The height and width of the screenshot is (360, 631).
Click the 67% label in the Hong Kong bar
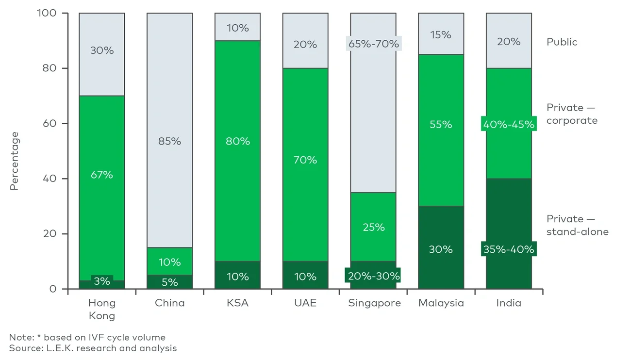102,175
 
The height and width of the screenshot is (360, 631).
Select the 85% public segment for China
169,141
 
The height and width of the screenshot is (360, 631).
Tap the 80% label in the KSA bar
238,141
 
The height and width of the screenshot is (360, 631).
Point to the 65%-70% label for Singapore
373,44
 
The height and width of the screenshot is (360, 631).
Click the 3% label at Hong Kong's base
102,281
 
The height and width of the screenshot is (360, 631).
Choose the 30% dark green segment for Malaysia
441,249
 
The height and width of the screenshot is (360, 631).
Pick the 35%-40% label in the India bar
509,249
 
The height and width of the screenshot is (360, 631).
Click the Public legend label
562,42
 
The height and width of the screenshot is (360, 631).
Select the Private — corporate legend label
571,114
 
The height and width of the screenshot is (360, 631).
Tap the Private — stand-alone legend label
577,225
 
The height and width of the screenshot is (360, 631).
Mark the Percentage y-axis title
14,161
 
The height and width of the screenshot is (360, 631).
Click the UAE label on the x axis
305,303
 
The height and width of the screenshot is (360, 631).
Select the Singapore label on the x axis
374,303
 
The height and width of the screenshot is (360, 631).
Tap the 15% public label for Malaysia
441,35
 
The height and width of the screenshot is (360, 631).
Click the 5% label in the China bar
169,282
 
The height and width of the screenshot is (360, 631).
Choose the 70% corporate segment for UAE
305,160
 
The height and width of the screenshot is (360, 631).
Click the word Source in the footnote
23,348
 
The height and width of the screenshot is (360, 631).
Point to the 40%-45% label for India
509,125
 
